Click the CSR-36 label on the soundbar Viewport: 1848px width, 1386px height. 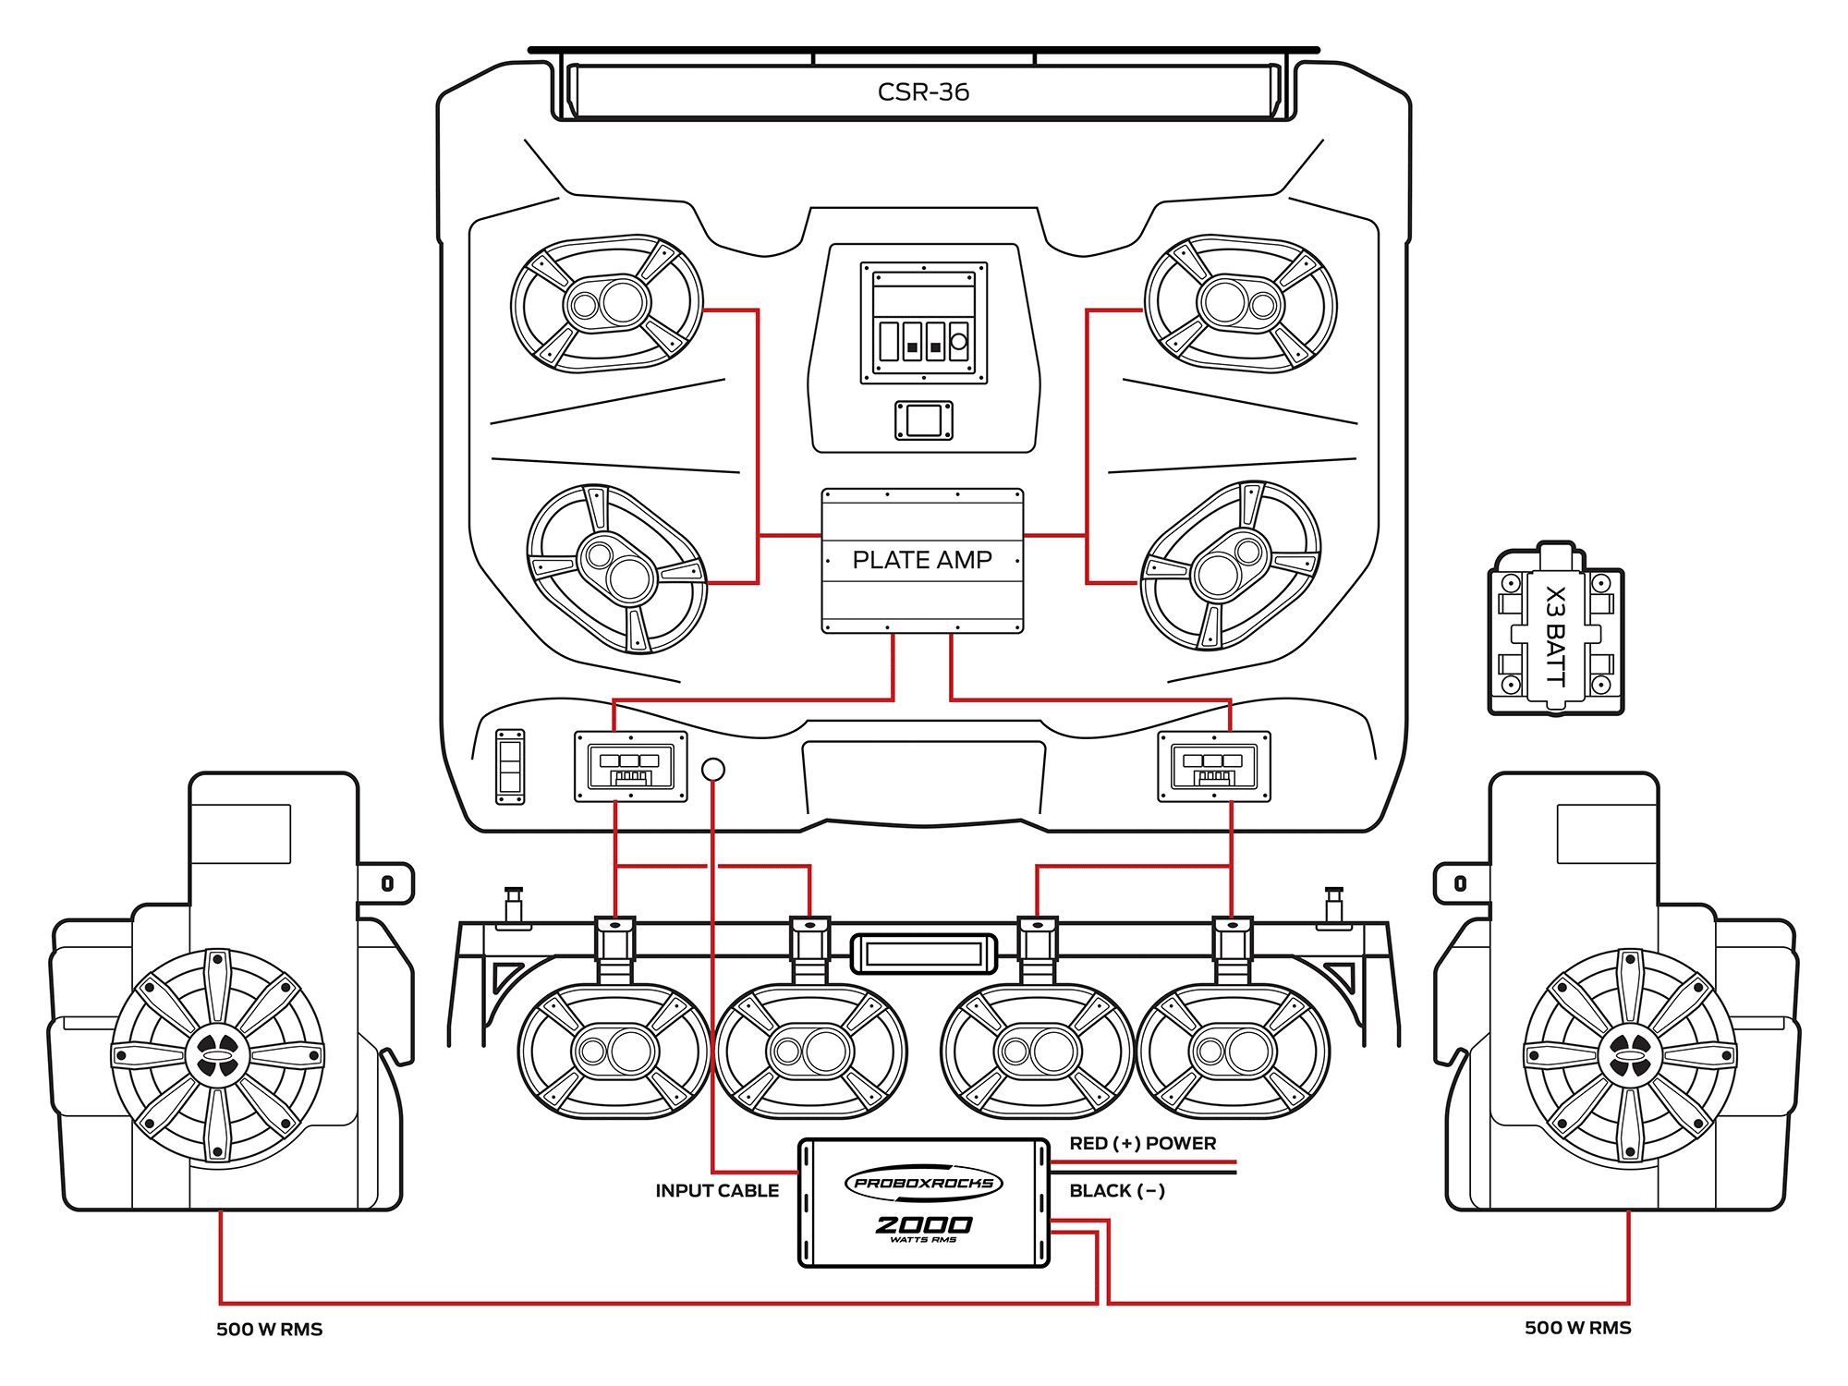[923, 91]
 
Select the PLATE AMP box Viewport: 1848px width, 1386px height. [922, 560]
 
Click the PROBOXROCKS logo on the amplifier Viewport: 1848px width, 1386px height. [923, 1183]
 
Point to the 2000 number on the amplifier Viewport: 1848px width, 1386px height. [923, 1225]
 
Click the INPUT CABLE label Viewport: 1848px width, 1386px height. [717, 1191]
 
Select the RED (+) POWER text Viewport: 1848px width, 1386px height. [1142, 1143]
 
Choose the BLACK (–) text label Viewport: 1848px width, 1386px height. [1116, 1191]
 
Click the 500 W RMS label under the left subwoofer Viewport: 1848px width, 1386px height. [269, 1330]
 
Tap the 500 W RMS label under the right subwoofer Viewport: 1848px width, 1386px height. [1577, 1328]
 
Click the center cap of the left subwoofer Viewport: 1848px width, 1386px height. [218, 1055]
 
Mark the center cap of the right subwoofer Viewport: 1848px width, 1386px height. [1630, 1055]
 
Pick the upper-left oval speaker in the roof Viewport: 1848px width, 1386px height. [607, 303]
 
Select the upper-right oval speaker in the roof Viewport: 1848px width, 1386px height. [1240, 303]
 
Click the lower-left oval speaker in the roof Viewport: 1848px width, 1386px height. [616, 568]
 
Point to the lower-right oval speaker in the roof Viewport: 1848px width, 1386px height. [1231, 565]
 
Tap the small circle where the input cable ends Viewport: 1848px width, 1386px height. [713, 769]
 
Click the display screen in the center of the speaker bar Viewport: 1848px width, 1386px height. [923, 954]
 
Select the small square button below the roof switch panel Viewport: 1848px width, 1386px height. [923, 420]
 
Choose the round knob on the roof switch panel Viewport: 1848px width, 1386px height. [959, 341]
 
